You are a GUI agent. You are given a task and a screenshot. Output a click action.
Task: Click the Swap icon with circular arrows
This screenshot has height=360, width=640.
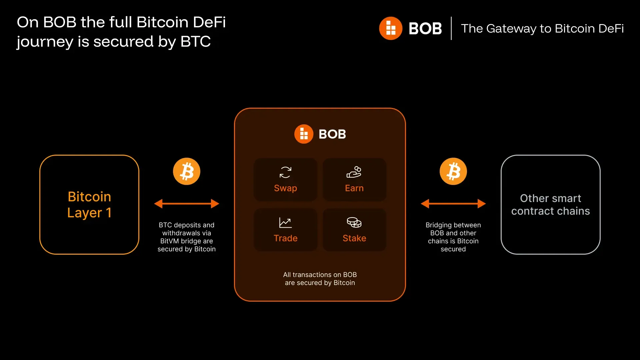285,172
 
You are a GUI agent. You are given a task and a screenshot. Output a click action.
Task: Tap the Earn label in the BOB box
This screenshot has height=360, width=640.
354,188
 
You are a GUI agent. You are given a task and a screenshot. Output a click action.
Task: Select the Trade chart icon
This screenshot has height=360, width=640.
285,223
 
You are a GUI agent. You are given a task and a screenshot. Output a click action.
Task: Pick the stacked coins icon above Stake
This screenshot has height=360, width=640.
354,222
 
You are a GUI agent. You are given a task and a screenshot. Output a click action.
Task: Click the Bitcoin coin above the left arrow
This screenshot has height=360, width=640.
187,171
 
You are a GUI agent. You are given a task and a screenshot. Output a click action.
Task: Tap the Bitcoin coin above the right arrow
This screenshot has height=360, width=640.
453,171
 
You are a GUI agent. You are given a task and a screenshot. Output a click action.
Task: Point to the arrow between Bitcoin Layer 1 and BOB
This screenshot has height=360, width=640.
187,204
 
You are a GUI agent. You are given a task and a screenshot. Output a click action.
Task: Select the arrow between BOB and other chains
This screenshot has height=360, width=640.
453,204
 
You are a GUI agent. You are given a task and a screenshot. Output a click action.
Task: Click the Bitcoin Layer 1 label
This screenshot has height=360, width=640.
89,205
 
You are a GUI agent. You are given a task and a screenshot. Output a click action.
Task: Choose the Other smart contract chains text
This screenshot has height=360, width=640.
550,205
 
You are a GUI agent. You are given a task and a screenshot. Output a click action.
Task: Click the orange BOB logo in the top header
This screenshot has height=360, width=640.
391,28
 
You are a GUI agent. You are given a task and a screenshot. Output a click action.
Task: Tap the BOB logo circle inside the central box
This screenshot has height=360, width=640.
304,134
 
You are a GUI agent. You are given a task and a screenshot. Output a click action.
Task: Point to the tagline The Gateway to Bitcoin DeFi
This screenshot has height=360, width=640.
542,29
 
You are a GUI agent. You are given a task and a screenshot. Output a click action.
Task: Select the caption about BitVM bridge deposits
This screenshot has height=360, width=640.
187,237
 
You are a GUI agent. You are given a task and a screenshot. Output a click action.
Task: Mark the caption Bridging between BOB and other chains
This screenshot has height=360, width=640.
453,237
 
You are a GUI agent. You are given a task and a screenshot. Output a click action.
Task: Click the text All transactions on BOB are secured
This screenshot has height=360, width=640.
320,279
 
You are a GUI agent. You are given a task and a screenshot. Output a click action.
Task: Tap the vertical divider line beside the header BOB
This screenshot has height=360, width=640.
451,28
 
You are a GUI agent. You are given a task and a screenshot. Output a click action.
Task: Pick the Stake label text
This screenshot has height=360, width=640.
354,238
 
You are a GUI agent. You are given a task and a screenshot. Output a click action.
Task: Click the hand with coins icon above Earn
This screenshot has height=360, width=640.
354,172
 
